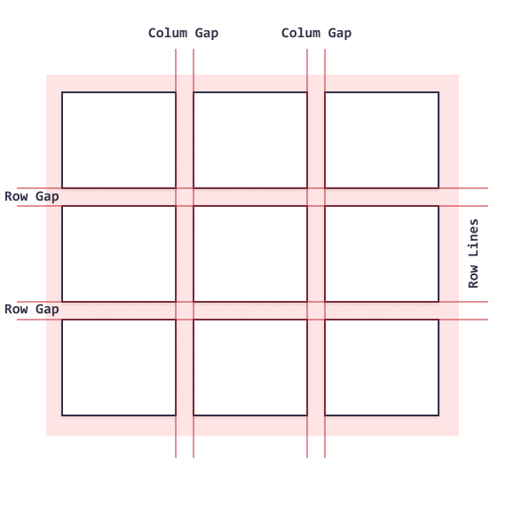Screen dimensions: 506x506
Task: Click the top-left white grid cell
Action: pos(119,140)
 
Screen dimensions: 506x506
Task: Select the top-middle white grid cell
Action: pos(250,140)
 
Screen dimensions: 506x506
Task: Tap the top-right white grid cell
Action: pos(382,140)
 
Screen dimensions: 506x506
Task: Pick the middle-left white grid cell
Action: pos(119,254)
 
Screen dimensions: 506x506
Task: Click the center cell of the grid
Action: pos(250,254)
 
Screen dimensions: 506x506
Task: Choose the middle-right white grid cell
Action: pos(382,254)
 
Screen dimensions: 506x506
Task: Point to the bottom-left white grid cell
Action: pos(119,368)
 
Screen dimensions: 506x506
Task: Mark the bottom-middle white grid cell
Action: pos(250,368)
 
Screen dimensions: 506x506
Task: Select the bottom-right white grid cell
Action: pos(382,368)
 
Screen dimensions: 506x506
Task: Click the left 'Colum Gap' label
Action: pos(183,33)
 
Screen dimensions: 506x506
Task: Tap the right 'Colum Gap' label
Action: pos(316,33)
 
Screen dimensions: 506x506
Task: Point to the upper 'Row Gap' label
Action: pos(32,196)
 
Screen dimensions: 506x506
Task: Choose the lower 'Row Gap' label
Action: pos(32,309)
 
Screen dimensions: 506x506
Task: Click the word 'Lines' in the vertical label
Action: pos(473,238)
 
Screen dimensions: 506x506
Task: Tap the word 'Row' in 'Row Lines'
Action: pos(473,276)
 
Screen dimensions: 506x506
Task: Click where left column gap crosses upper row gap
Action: pos(185,197)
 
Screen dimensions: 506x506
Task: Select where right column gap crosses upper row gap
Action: pos(316,197)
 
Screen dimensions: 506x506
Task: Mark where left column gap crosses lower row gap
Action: pos(185,311)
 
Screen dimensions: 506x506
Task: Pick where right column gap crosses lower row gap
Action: pos(316,311)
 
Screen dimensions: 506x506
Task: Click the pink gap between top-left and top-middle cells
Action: pos(185,140)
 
